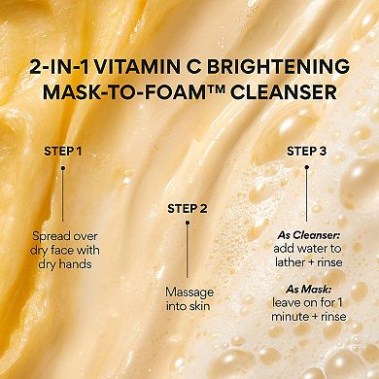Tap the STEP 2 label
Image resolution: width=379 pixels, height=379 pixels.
(x=189, y=208)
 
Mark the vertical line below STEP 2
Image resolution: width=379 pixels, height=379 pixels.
(x=189, y=243)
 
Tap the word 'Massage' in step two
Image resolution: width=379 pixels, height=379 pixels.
(x=189, y=293)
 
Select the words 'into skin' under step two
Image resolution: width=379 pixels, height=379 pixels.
(x=189, y=307)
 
